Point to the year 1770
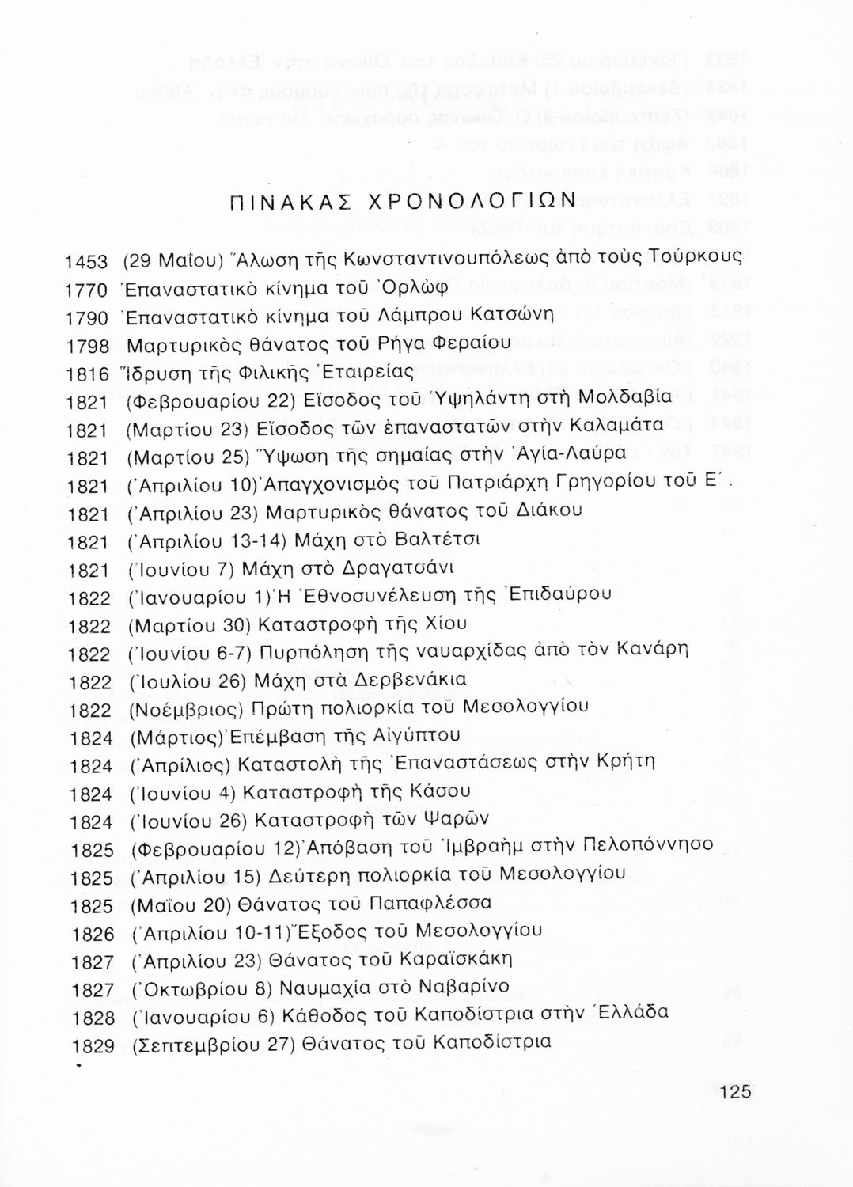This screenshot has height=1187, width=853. [x=85, y=290]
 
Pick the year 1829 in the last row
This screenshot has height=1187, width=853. [x=93, y=1046]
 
